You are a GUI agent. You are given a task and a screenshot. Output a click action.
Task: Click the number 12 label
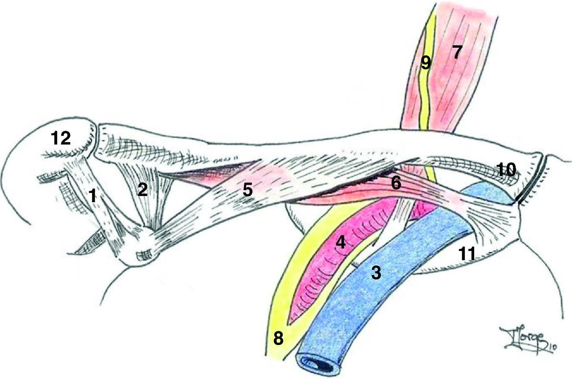(61, 138)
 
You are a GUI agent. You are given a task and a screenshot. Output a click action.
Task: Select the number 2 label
(143, 189)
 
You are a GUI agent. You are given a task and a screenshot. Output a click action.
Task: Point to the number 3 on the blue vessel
(376, 273)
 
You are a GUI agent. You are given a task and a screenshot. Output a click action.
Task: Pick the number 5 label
(396, 183)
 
